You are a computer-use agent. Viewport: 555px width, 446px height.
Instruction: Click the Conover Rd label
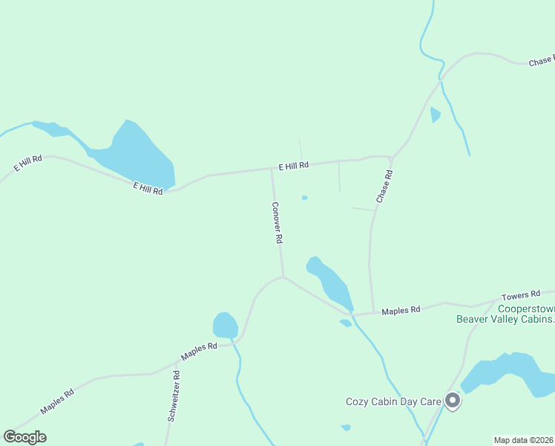[277, 224]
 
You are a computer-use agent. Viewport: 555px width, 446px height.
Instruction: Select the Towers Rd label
[519, 296]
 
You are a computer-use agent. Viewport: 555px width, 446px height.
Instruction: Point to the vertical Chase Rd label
[384, 187]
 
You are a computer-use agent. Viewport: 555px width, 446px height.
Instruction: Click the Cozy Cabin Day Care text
[393, 401]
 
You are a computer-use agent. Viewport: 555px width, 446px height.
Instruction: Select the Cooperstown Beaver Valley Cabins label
[505, 314]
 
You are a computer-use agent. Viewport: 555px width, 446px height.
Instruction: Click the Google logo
[24, 437]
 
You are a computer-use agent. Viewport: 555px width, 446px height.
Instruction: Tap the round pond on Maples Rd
[225, 326]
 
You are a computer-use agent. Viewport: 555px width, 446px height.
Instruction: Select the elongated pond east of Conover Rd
[330, 282]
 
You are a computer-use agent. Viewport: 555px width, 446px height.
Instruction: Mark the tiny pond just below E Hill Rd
[304, 198]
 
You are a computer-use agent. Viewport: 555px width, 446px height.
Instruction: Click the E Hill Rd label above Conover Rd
[293, 166]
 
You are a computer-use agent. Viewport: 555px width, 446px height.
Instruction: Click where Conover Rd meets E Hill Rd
[272, 169]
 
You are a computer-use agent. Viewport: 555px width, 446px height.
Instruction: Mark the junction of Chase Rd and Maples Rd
[372, 312]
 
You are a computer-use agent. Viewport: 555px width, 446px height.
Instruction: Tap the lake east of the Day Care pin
[512, 374]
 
